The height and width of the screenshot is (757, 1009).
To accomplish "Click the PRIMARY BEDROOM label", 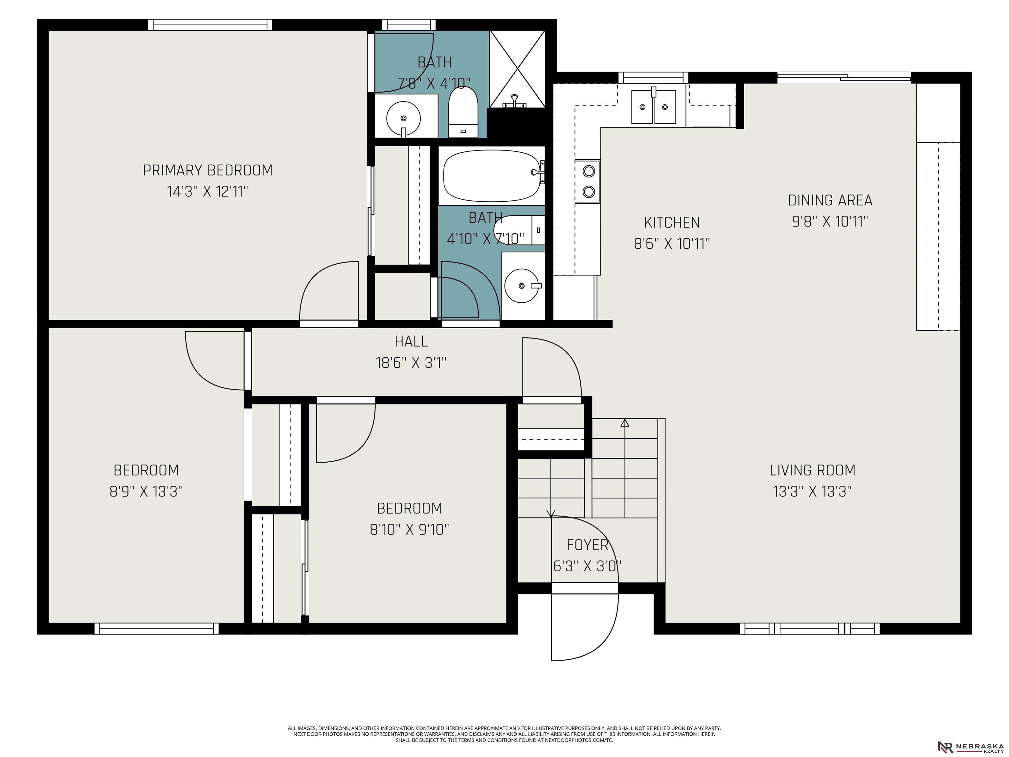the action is [x=208, y=170].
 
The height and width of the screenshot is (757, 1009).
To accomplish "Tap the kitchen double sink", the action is [x=653, y=107].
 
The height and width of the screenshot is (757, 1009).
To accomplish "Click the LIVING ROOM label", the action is [x=812, y=470].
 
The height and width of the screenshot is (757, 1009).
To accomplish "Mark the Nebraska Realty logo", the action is [x=971, y=746].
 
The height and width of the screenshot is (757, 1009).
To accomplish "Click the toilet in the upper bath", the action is [x=463, y=112].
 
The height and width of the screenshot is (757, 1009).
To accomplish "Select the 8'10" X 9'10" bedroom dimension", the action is [x=409, y=530].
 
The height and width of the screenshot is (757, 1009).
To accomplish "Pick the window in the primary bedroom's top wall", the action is [x=210, y=25].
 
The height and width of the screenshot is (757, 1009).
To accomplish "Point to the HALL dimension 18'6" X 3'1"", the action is [x=411, y=363].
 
